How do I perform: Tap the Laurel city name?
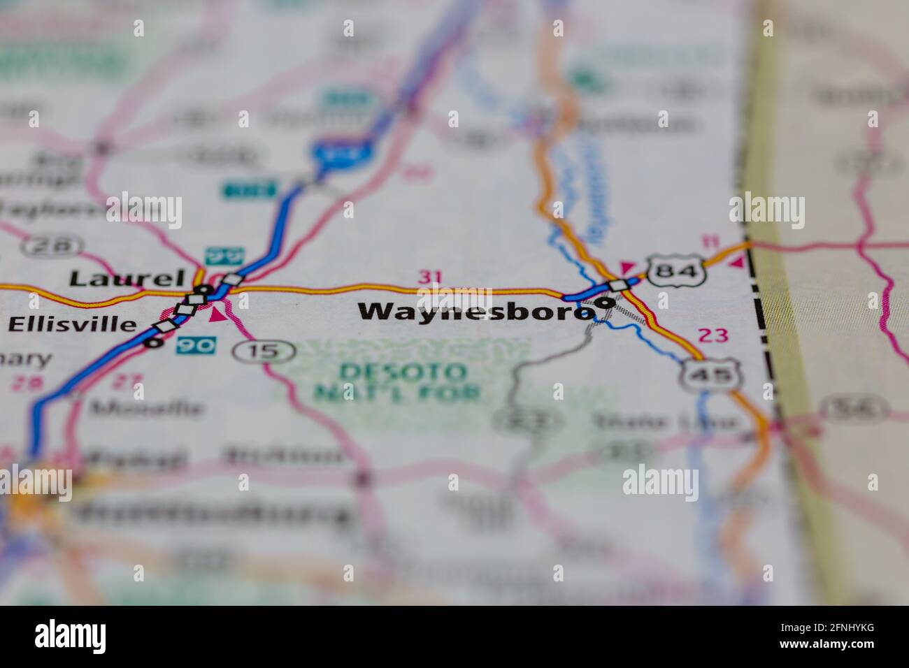tap(127, 279)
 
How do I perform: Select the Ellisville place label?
tap(73, 324)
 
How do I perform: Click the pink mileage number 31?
tap(430, 277)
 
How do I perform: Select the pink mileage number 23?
tap(713, 335)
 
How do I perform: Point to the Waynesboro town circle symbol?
tap(605, 303)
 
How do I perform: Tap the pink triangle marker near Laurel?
tap(218, 314)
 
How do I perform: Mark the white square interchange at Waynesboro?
tap(619, 285)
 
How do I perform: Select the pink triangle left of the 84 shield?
tap(627, 266)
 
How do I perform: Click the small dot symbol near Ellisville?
tap(149, 343)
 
